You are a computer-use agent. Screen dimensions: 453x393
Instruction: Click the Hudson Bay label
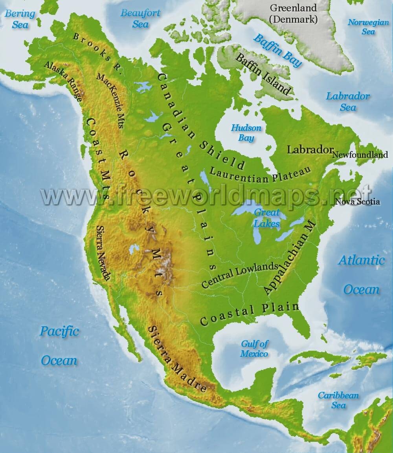coord(246,133)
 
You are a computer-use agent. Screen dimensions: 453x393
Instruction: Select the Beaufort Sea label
coord(140,18)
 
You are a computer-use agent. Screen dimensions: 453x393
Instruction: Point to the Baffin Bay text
coord(277,50)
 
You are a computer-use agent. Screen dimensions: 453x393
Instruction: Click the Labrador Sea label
coord(348,101)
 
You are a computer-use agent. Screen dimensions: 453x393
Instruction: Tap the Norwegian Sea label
coord(368,27)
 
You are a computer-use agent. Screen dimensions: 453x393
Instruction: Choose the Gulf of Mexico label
coord(254,349)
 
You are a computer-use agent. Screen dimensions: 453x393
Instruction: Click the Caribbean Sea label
coord(338,400)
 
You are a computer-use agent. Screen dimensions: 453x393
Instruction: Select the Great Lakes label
coord(266,218)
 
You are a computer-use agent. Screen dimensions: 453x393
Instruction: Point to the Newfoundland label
coord(360,155)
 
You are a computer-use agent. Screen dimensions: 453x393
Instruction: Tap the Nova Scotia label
coord(358,202)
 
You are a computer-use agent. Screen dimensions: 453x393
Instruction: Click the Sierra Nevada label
coord(103,253)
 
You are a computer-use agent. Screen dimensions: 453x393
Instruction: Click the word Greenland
coord(294,8)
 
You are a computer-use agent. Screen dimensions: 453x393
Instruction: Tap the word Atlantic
coord(362,260)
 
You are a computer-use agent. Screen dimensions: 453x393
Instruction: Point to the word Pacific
coord(59,331)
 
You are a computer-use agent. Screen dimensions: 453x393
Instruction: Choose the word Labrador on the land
coord(310,150)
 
